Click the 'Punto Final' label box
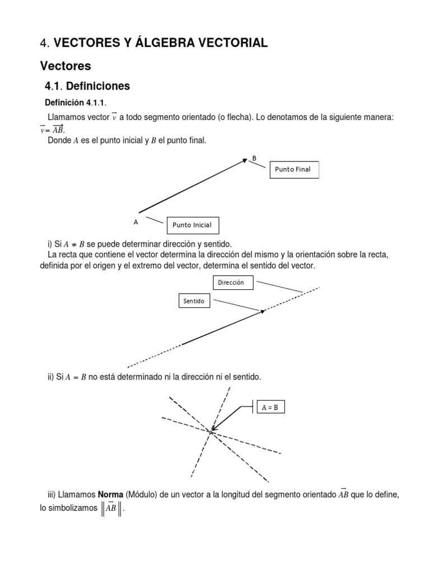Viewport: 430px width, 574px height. click(294, 169)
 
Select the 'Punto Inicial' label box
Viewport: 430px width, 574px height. click(192, 225)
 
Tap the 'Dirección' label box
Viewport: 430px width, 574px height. click(232, 283)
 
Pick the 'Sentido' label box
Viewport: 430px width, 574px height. click(194, 302)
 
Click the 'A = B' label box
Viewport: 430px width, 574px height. click(270, 408)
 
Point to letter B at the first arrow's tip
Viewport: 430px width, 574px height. click(254, 158)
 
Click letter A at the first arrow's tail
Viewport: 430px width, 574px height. click(135, 222)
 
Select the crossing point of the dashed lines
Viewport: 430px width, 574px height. click(211, 431)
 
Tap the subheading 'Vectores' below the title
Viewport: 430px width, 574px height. click(66, 66)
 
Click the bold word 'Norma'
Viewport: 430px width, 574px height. click(111, 494)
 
